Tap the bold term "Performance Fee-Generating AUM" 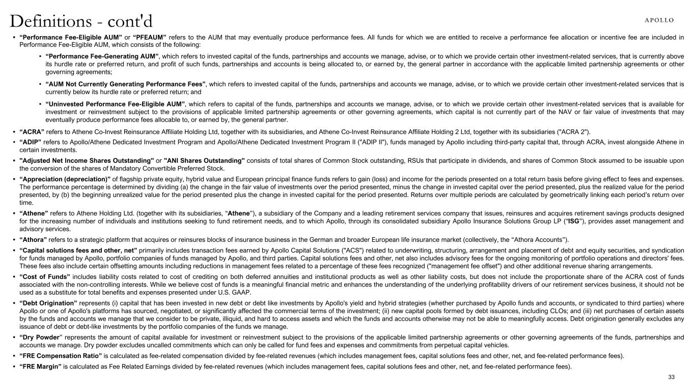click(x=102, y=55)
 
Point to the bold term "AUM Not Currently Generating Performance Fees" click(x=125, y=83)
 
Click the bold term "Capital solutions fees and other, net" click(x=78, y=250)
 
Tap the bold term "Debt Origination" click(x=48, y=302)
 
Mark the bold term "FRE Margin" click(x=40, y=367)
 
